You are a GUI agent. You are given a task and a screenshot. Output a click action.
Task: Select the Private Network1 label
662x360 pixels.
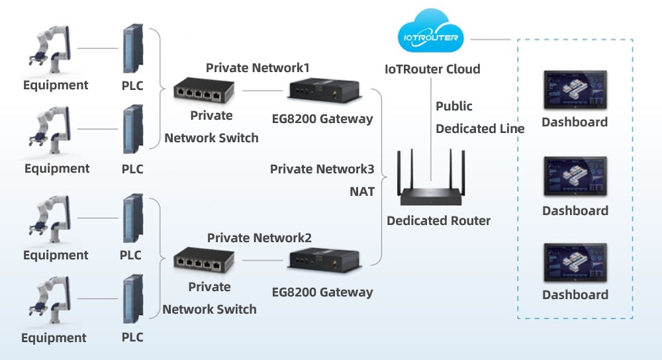[x=258, y=67]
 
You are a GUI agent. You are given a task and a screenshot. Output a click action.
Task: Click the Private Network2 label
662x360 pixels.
[x=259, y=238]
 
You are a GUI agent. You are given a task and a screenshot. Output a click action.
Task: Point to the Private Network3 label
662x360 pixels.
[x=322, y=169]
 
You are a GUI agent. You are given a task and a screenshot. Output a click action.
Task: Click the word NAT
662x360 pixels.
[x=362, y=192]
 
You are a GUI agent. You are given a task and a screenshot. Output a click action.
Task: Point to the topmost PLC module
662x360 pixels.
[x=132, y=50]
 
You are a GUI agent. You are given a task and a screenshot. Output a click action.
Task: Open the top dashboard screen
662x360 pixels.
[x=575, y=91]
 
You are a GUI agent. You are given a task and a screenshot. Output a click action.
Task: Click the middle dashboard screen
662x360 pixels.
[x=575, y=177]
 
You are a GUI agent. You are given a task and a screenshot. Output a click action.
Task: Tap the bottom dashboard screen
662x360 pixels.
[x=575, y=263]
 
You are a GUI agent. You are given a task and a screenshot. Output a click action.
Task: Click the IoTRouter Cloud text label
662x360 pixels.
[x=432, y=69]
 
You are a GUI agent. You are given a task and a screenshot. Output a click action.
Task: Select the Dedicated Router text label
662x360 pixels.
[x=438, y=221]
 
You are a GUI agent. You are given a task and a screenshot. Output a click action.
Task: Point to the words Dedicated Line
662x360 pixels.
[x=480, y=129]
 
